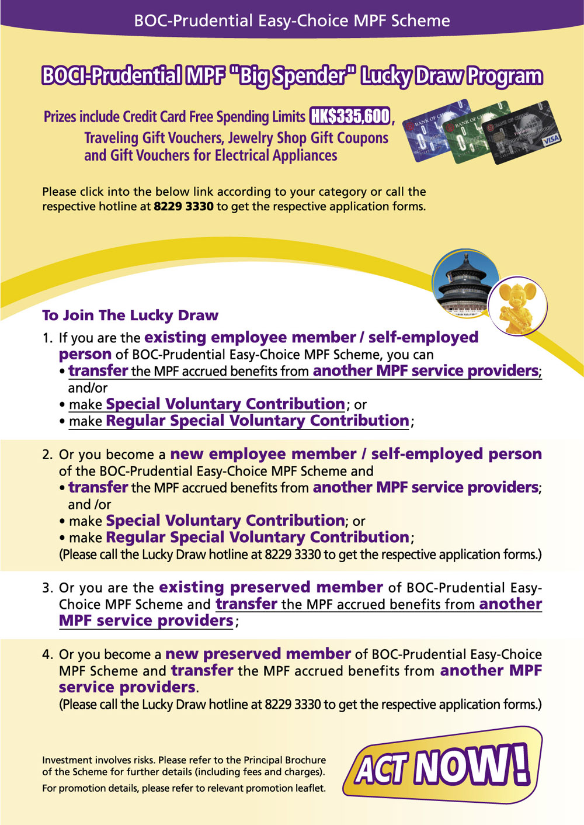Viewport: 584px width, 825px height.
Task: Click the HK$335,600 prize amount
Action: (350, 116)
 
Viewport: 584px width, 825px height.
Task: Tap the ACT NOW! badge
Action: (442, 766)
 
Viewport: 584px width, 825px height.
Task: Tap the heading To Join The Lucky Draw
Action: (130, 316)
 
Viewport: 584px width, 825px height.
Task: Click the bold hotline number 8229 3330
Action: (183, 206)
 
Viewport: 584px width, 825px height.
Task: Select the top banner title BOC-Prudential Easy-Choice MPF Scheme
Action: (292, 21)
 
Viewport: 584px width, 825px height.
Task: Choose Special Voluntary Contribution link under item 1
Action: (225, 404)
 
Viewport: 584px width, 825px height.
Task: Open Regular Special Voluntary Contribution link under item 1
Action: (257, 421)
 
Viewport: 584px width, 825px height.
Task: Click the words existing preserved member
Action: (270, 587)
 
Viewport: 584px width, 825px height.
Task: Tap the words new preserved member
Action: (258, 654)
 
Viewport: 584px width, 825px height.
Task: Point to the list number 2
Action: (47, 455)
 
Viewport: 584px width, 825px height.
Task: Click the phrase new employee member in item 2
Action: (263, 454)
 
